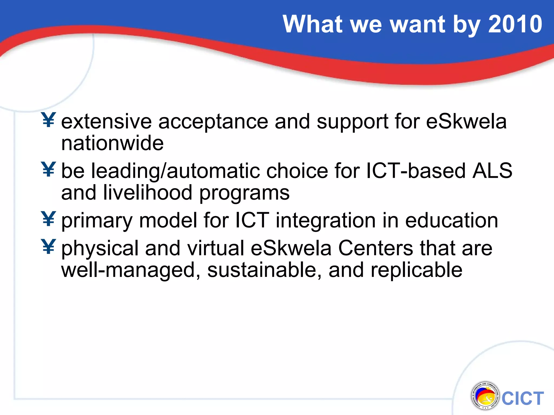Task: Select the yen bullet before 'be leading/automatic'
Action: click(x=49, y=169)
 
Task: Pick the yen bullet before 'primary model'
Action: click(x=49, y=219)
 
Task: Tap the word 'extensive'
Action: click(x=106, y=122)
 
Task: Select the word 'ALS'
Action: click(x=492, y=171)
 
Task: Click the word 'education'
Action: click(x=451, y=220)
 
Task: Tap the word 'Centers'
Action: click(x=375, y=248)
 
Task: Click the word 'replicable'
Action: click(x=416, y=270)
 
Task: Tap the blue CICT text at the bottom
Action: click(x=523, y=399)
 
